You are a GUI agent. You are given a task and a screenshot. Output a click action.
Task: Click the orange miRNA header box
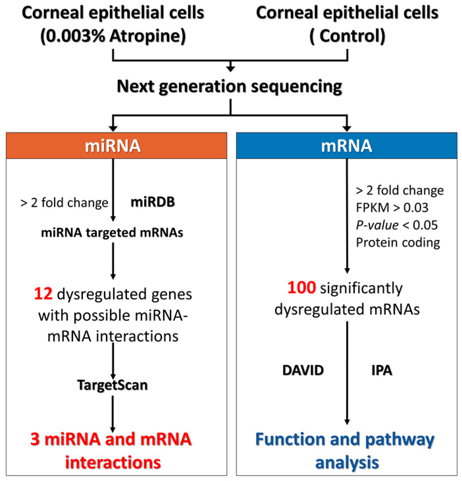pos(116,146)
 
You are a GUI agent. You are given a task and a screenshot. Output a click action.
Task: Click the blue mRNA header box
pos(346,146)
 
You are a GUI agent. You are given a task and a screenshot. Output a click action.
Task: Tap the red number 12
pos(43,294)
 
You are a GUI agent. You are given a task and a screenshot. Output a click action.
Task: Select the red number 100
pos(301,287)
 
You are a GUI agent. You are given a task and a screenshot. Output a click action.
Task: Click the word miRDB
pos(153,202)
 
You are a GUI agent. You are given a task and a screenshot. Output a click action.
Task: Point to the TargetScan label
pos(113,385)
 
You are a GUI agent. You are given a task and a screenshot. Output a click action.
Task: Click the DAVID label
pos(303,370)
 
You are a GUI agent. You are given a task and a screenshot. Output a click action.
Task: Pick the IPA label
pos(382,370)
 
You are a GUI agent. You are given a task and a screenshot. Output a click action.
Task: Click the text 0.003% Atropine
pos(113,36)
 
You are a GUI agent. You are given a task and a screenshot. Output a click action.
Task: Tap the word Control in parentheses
pos(352,36)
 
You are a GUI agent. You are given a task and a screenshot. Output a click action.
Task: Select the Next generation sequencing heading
pos(230,86)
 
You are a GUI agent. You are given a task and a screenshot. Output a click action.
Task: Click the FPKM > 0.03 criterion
pos(392,207)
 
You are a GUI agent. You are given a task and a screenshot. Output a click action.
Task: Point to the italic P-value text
pos(377,225)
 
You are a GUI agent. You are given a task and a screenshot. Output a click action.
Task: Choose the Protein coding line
pos(398,243)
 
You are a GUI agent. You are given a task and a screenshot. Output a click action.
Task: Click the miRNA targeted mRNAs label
pos(112,233)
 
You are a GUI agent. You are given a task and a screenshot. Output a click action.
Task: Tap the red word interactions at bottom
pos(113,462)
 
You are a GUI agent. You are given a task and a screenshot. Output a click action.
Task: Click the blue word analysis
pos(347,462)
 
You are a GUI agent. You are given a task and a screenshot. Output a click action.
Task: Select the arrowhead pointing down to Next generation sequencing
pos(230,68)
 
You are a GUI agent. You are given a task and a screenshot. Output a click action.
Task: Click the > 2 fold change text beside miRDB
pos(64,203)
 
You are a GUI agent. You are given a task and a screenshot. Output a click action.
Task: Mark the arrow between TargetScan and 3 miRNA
pos(113,413)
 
